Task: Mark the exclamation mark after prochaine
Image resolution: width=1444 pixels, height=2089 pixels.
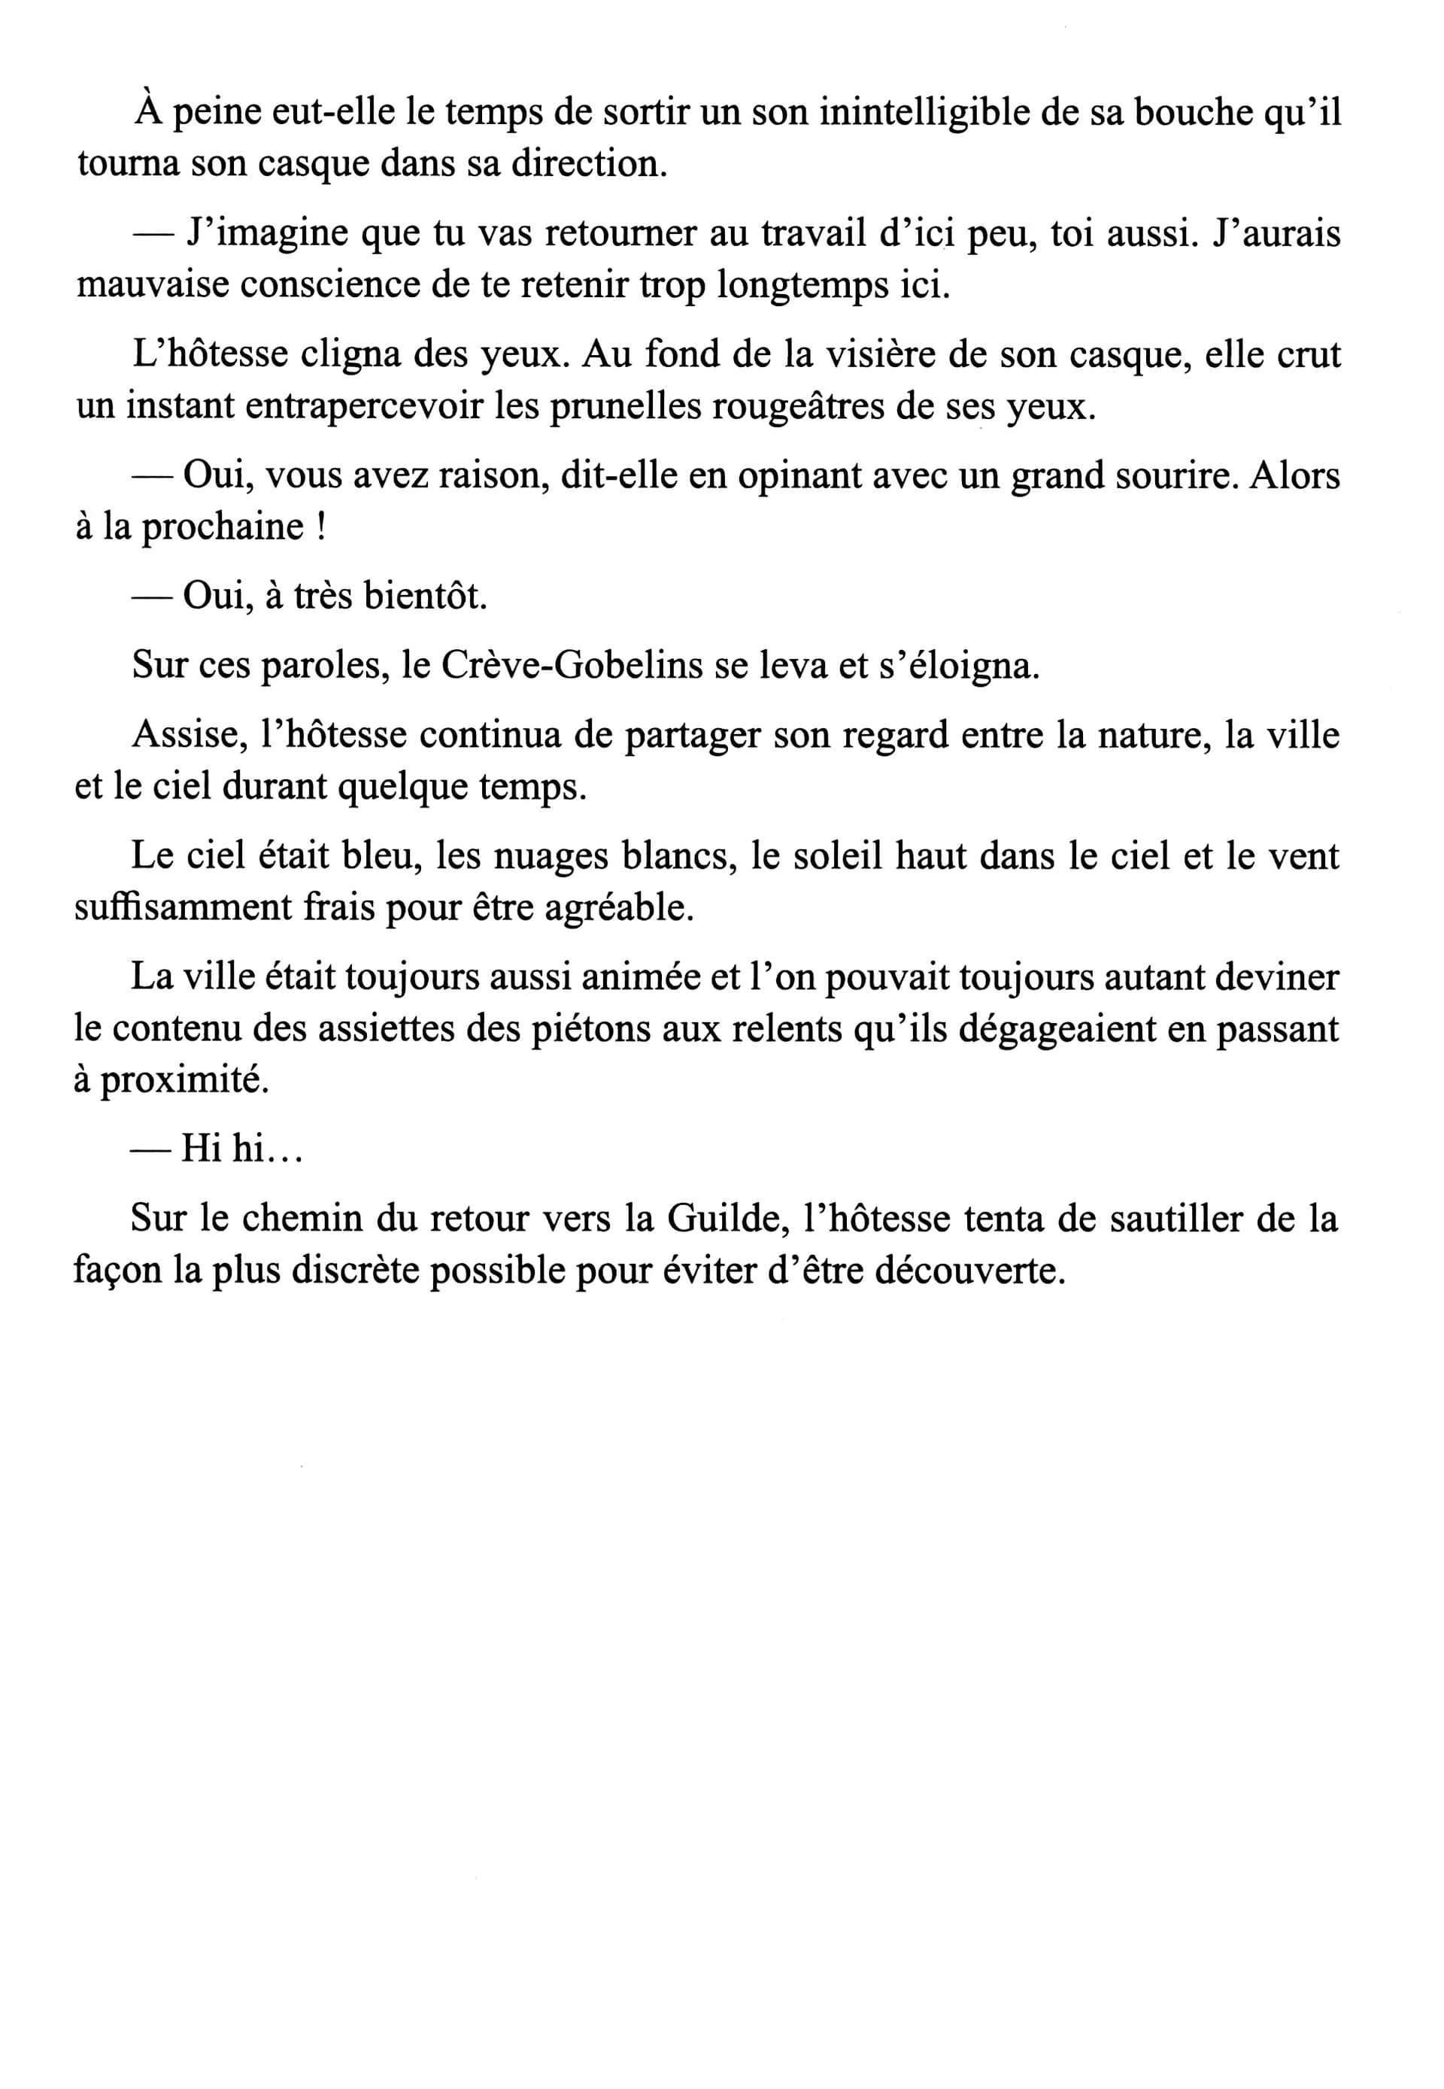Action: [x=321, y=527]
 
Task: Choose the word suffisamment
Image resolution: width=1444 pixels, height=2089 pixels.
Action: [x=183, y=907]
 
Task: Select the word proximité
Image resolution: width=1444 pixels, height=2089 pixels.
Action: [x=184, y=1080]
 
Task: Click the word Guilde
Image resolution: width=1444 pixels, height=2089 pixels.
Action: [x=724, y=1219]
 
